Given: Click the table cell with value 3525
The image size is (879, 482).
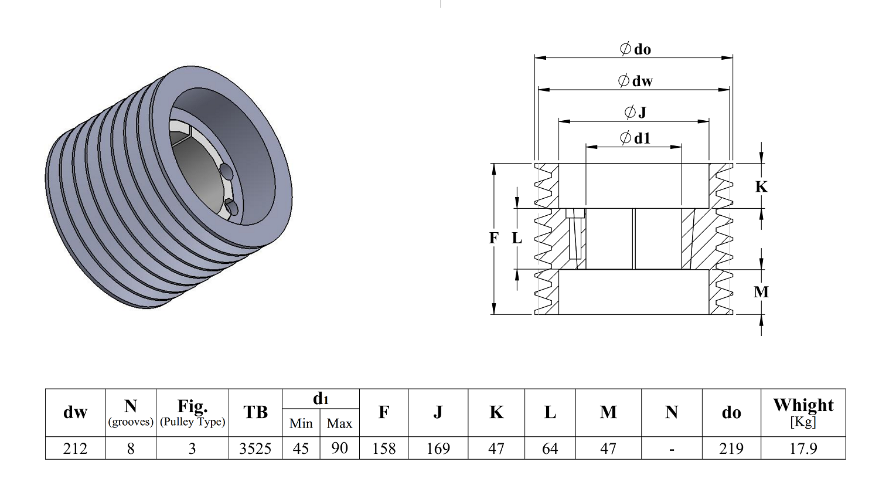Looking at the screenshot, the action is click(x=255, y=448).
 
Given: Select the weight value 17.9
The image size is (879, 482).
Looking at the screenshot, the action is click(x=803, y=448).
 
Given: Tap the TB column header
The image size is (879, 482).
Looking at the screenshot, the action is click(x=255, y=412).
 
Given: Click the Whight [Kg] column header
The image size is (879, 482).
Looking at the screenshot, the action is click(x=803, y=412).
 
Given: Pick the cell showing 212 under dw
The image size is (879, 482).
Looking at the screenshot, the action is click(x=75, y=448).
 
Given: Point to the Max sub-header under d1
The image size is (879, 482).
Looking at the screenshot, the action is click(x=339, y=423).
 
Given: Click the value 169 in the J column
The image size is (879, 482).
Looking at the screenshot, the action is click(x=438, y=448).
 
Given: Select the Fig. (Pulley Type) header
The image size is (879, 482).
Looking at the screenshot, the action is click(x=192, y=412).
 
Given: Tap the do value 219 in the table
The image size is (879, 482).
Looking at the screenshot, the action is click(x=731, y=448).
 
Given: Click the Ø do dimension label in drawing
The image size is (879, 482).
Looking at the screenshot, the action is click(x=635, y=49).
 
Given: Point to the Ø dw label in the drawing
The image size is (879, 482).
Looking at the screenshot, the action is click(x=635, y=81).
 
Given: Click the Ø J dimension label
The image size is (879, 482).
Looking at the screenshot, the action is click(x=635, y=112).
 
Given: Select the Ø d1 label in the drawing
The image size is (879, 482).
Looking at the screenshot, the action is click(x=635, y=138).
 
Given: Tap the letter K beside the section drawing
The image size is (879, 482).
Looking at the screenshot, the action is click(x=761, y=187).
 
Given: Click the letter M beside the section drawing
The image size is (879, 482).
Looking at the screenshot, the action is click(x=761, y=292).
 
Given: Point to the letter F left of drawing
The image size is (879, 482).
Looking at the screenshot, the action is click(x=493, y=238).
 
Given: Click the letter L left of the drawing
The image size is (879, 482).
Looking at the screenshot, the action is click(x=517, y=238).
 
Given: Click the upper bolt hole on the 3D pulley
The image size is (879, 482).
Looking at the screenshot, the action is click(x=226, y=170).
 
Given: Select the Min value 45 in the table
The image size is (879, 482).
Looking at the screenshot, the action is click(x=301, y=448).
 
